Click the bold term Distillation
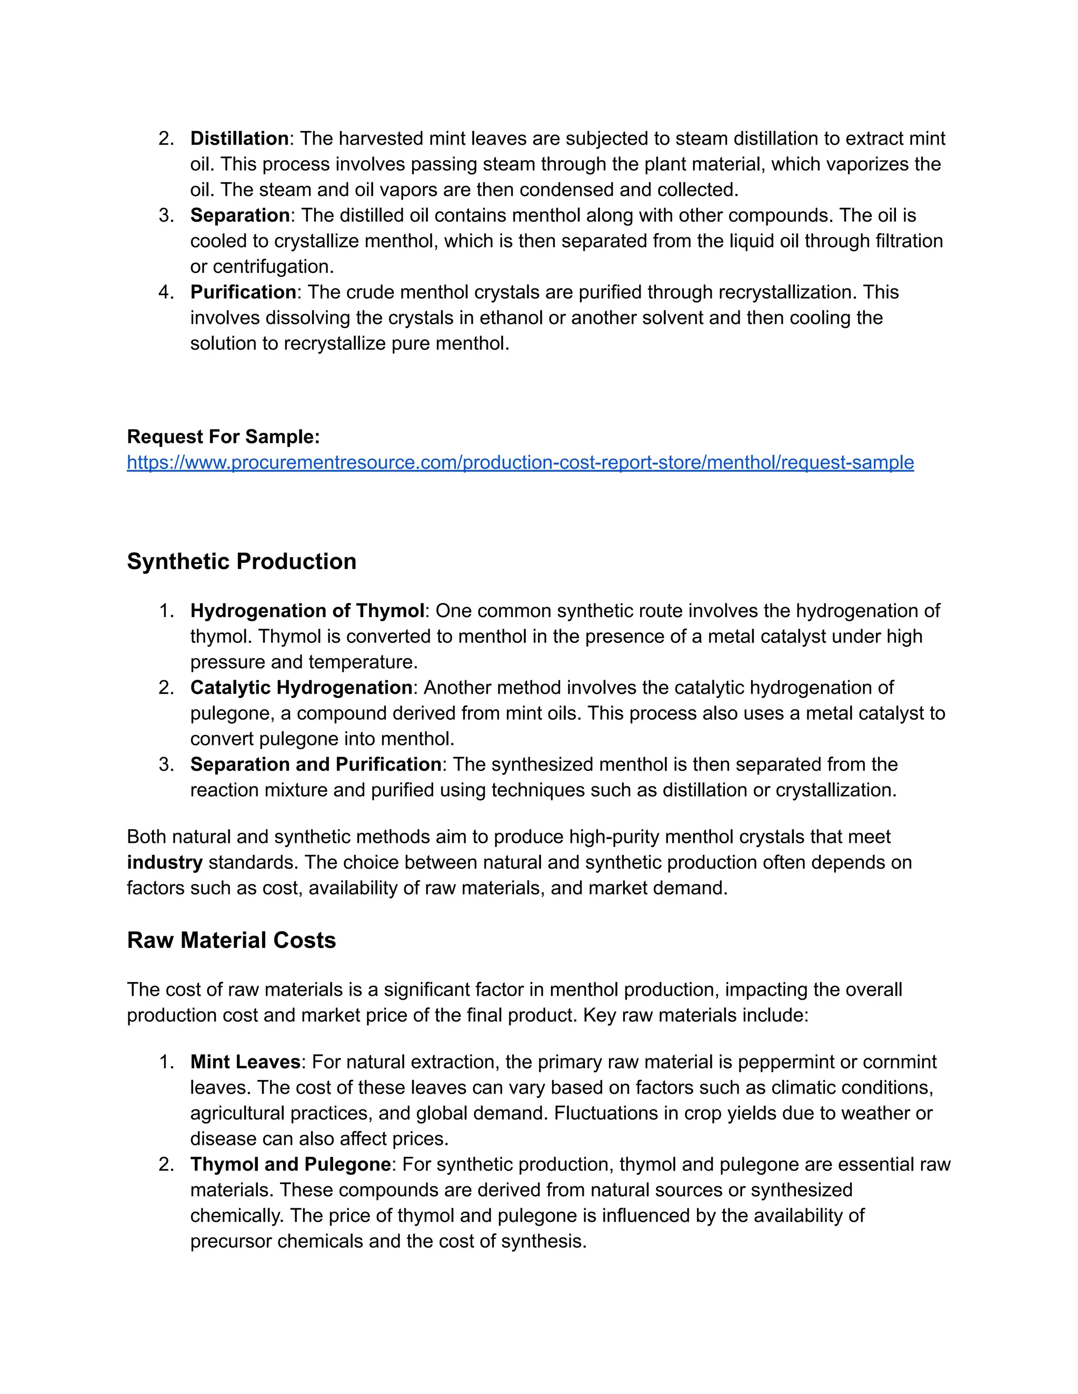point(239,138)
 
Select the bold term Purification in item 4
point(243,292)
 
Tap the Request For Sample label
point(223,437)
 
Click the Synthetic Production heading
point(242,561)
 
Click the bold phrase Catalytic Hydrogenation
point(301,688)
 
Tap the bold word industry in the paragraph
point(164,862)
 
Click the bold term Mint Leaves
point(245,1062)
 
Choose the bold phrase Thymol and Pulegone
point(291,1164)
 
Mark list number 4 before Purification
point(165,292)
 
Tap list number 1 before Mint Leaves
point(165,1062)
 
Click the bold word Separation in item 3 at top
point(240,215)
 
